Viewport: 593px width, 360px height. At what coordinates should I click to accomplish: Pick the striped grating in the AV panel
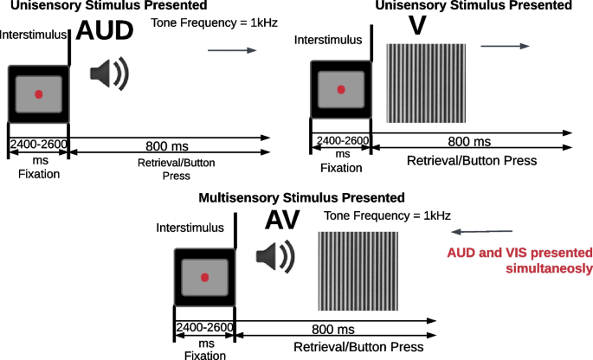tap(358, 270)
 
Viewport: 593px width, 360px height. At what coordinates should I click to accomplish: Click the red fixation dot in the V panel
tap(341, 89)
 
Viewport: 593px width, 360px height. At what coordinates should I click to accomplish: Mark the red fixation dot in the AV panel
tap(205, 277)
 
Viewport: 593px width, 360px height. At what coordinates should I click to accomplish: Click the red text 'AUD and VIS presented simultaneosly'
tap(519, 260)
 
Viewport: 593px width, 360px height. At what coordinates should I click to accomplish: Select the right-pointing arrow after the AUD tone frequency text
tap(233, 51)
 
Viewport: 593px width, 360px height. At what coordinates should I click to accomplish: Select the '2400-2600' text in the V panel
tap(342, 141)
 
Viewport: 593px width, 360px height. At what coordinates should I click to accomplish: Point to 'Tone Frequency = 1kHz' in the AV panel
tap(386, 215)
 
